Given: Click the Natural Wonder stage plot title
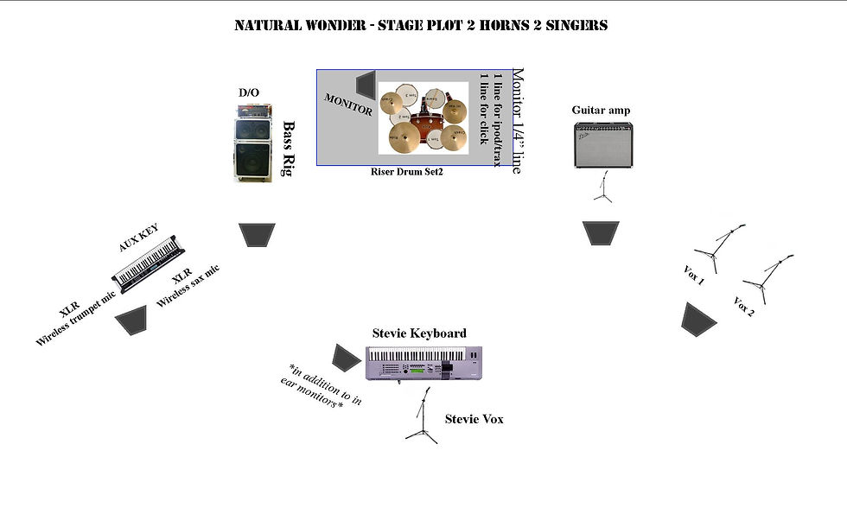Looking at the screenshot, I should pyautogui.click(x=421, y=25).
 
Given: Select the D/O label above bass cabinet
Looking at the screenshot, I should pyautogui.click(x=248, y=92).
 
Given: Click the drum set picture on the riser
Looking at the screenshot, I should pyautogui.click(x=423, y=119).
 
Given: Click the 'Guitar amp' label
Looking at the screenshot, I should pyautogui.click(x=601, y=110).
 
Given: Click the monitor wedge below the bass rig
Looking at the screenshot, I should pyautogui.click(x=257, y=235).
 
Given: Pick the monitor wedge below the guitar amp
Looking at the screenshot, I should pyautogui.click(x=601, y=233).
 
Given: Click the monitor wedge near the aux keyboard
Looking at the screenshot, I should pyautogui.click(x=132, y=320).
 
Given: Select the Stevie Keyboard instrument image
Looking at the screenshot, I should pyautogui.click(x=424, y=362).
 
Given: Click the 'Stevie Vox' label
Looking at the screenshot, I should pyautogui.click(x=474, y=419).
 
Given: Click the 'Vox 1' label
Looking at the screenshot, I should pyautogui.click(x=693, y=276).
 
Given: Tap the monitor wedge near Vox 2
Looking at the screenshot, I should pyautogui.click(x=698, y=319).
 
